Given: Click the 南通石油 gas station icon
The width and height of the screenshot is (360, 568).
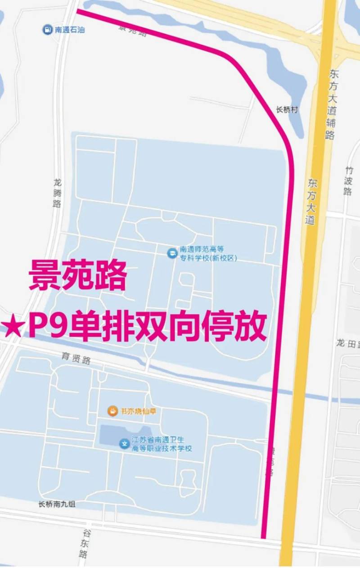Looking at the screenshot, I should (x=47, y=30).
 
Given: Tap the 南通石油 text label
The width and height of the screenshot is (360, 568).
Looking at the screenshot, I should (x=70, y=30).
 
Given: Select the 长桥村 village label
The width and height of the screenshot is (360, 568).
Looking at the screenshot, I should (x=287, y=110).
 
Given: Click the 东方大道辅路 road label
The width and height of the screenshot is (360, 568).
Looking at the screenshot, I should (x=332, y=104).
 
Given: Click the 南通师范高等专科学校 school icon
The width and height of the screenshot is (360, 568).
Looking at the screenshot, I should (x=171, y=253).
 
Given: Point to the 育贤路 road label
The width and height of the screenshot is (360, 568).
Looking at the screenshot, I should (x=76, y=360).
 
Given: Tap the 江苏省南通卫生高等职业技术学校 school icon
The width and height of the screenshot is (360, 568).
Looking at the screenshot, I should (x=124, y=444).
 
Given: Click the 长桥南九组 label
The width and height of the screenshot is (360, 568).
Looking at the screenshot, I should (x=57, y=504).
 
